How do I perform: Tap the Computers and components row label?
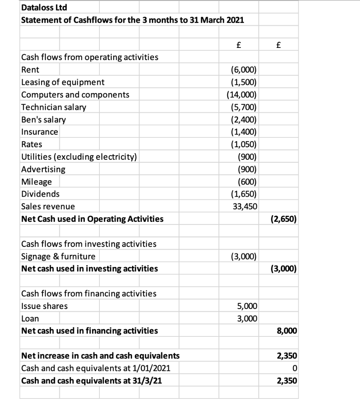click(75, 95)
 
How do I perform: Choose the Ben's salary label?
click(44, 119)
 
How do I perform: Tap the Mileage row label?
click(37, 182)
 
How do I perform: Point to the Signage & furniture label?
click(58, 257)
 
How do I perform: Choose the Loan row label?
click(30, 319)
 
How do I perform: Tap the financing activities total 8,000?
click(287, 331)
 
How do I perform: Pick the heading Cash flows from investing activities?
click(88, 244)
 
